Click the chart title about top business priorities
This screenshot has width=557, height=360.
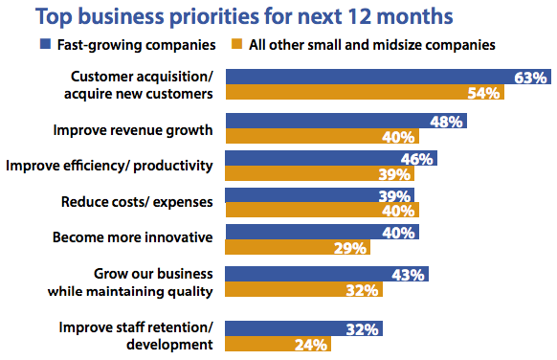(x=277, y=16)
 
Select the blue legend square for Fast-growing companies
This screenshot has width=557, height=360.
(x=45, y=43)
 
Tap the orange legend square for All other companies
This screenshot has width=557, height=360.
(x=235, y=43)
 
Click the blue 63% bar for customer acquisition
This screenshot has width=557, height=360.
(x=383, y=75)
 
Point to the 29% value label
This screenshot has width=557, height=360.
(x=351, y=248)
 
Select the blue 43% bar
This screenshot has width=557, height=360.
(x=326, y=275)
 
